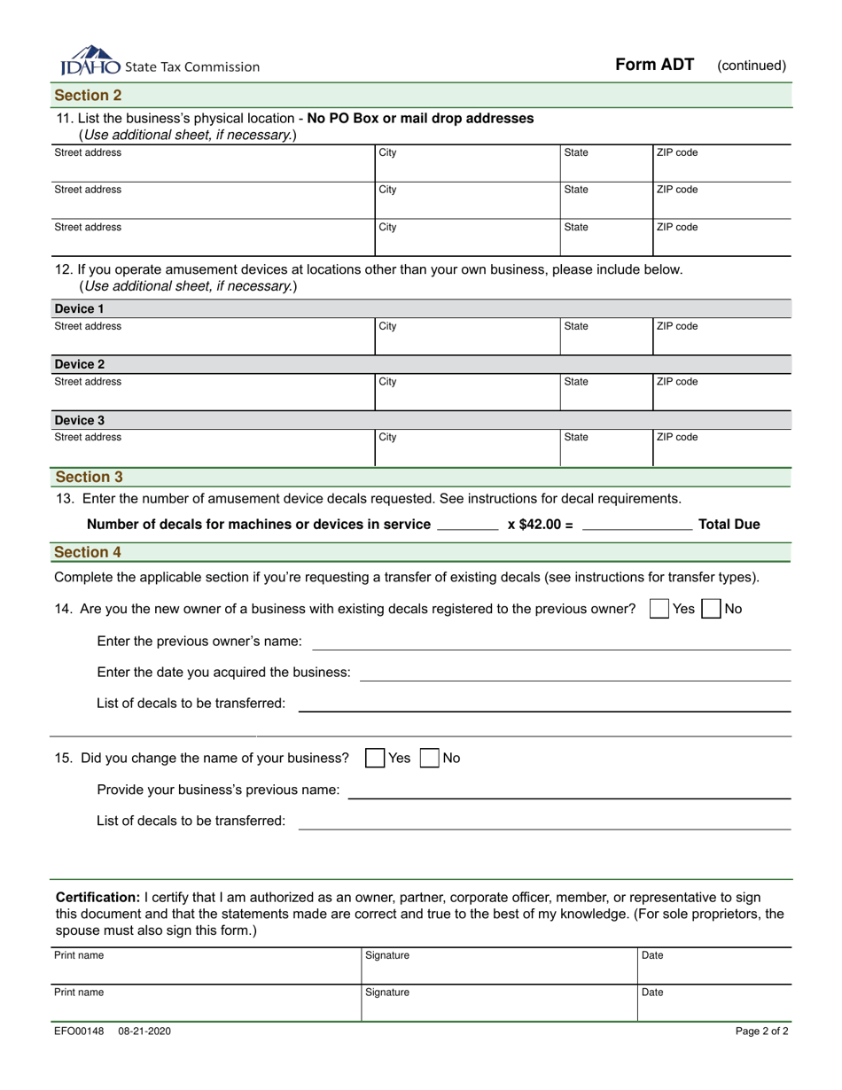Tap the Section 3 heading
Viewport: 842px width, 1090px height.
[88, 477]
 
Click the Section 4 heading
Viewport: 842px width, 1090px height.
[88, 552]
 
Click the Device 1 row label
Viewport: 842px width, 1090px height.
[79, 309]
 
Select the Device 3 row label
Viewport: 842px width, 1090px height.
[79, 420]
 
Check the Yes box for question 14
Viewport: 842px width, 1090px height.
[659, 609]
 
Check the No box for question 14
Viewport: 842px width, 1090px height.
[711, 609]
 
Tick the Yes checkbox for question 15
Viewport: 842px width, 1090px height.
[375, 758]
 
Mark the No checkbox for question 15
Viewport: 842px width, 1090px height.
[429, 758]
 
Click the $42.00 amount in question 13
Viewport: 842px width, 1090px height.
[540, 524]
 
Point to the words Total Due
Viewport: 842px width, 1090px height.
[729, 524]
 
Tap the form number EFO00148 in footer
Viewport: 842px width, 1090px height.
[79, 1032]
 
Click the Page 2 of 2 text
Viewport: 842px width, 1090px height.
[761, 1032]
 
